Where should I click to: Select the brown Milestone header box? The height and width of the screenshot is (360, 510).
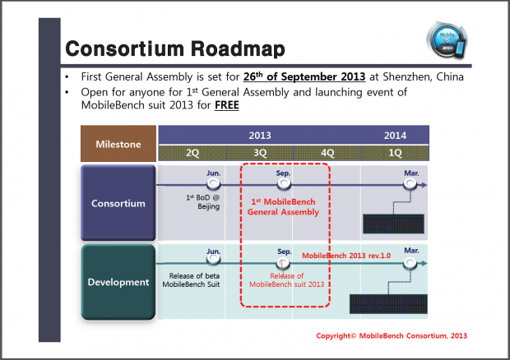coord(118,144)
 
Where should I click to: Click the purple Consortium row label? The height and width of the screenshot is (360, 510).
coord(118,202)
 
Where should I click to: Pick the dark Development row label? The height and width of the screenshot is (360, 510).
coord(118,282)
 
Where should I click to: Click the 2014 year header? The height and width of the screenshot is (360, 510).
coord(395,136)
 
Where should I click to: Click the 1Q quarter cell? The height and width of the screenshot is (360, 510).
coord(395,153)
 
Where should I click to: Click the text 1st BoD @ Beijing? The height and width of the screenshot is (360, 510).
coord(202,203)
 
